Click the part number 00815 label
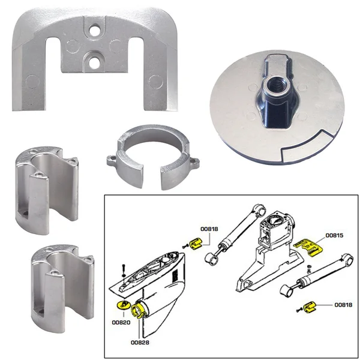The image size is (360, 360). pyautogui.click(x=334, y=235)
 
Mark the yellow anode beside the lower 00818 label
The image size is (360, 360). pyautogui.click(x=310, y=308)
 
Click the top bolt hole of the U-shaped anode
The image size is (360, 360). pyautogui.click(x=92, y=29)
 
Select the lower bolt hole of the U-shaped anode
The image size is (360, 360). pyautogui.click(x=92, y=59)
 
